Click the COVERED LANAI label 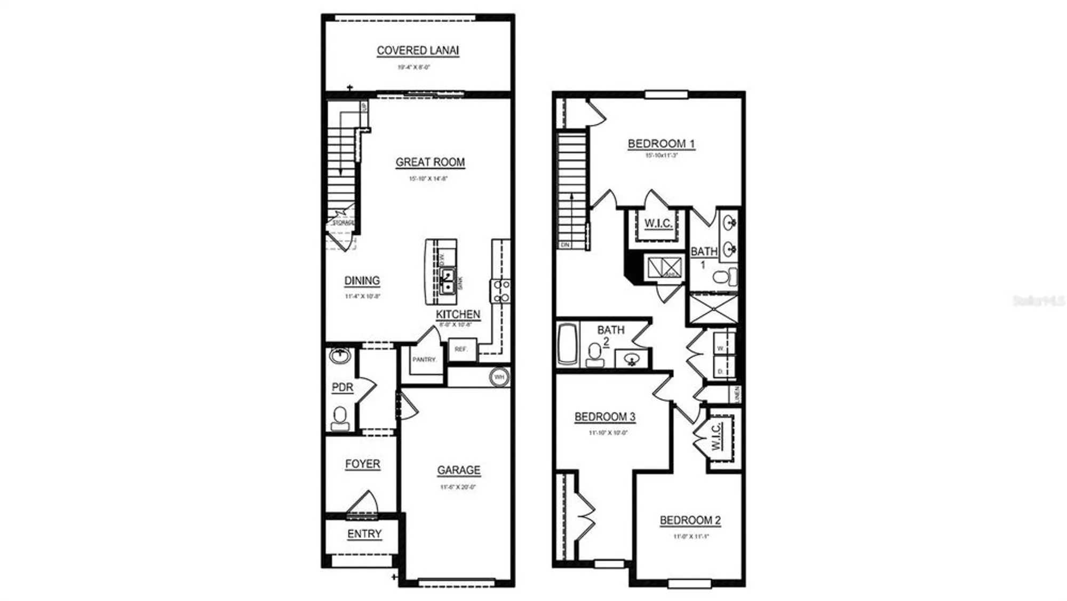418,51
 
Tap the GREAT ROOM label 430,162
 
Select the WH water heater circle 499,377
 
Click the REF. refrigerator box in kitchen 461,349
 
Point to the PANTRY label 424,360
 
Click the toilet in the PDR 340,418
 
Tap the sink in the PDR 340,355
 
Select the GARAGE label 458,470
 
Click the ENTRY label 364,534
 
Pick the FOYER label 363,464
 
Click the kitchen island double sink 448,281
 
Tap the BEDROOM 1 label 661,144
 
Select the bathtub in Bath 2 568,344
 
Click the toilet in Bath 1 724,277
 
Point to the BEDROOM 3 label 604,417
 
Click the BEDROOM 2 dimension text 690,536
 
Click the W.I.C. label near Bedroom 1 658,224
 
